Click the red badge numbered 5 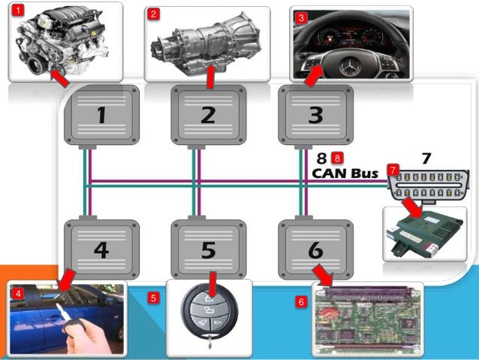154,298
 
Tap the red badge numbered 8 337,158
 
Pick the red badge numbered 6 301,302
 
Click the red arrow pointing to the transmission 211,75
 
